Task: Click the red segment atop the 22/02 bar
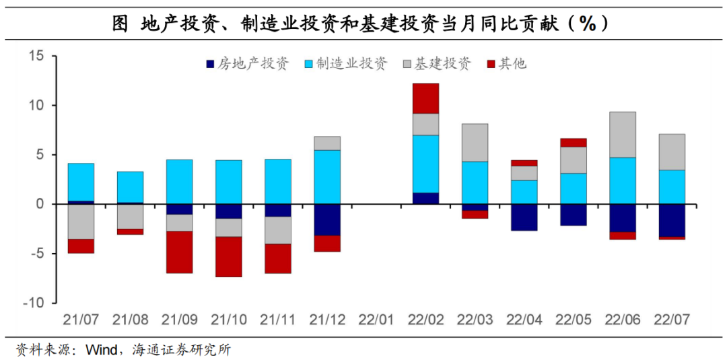click(425, 98)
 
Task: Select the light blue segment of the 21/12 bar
click(327, 177)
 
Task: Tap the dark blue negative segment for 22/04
click(524, 217)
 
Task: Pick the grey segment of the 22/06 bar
click(622, 135)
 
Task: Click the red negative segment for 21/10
click(229, 256)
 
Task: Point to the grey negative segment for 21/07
click(81, 221)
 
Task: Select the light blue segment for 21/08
click(131, 187)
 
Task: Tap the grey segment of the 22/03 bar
click(475, 143)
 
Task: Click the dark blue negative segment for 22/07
click(671, 221)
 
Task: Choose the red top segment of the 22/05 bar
click(573, 143)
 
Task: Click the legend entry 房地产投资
click(248, 63)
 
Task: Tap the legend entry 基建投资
click(437, 63)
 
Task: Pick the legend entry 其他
click(507, 63)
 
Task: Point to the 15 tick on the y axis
click(35, 56)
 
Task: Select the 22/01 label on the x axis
click(376, 320)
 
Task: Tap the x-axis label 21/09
click(180, 320)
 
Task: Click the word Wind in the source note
click(100, 349)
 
